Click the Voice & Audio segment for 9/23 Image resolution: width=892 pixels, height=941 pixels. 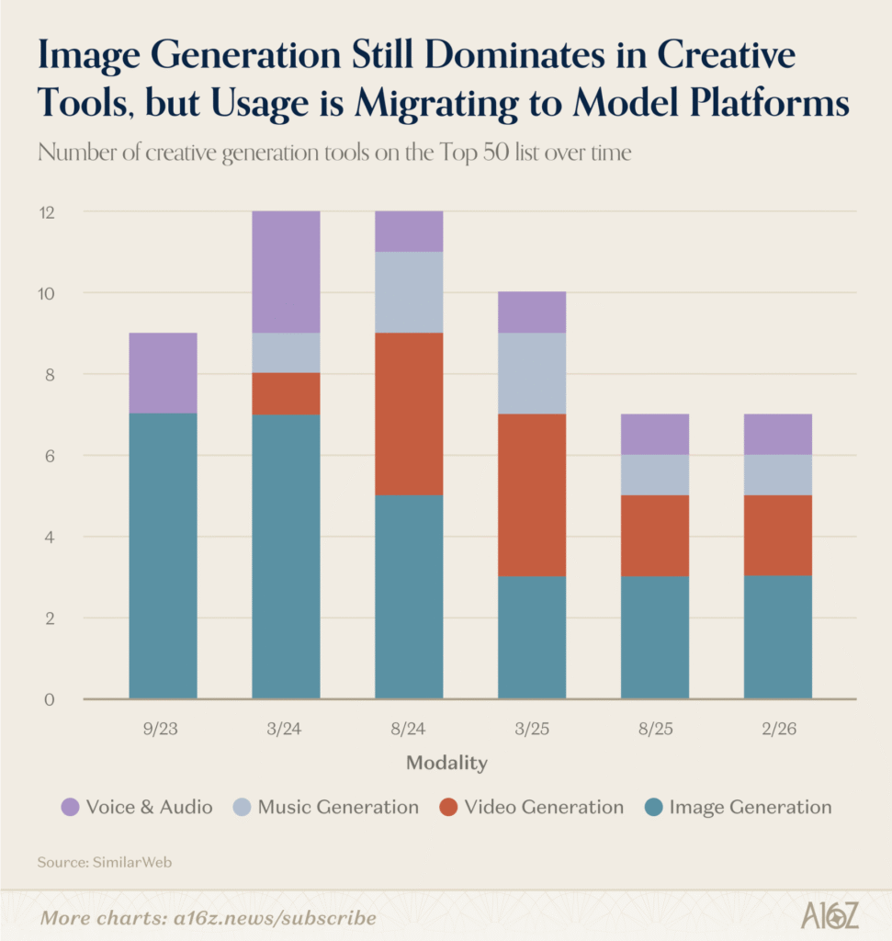[x=163, y=373]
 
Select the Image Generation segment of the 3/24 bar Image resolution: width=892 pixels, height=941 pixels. [x=286, y=556]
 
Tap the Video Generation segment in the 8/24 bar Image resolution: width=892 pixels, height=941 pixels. [x=409, y=414]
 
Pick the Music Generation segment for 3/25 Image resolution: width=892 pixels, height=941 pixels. [x=532, y=373]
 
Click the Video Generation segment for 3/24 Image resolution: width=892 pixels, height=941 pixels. [x=286, y=393]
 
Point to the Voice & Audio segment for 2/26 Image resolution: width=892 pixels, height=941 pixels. [x=777, y=434]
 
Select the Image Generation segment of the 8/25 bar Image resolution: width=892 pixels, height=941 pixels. [x=655, y=637]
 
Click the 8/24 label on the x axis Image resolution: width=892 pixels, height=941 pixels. [x=409, y=730]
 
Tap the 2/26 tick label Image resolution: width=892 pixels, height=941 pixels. [x=777, y=730]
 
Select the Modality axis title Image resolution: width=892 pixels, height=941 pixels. [x=446, y=763]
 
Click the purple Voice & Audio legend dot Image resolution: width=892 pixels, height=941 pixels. [x=70, y=808]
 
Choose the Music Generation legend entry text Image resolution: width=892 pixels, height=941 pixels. [x=338, y=808]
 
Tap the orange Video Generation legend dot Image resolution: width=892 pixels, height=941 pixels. [x=447, y=808]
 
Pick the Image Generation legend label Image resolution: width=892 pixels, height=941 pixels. [x=751, y=808]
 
